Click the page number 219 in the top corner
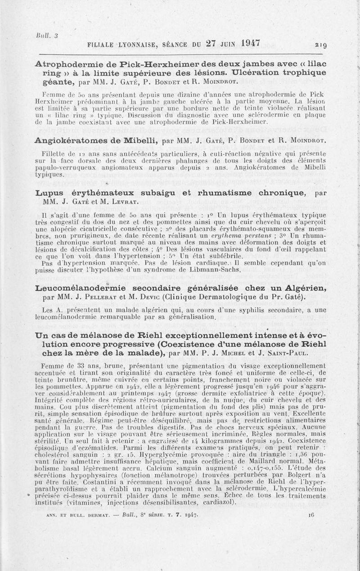321,45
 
